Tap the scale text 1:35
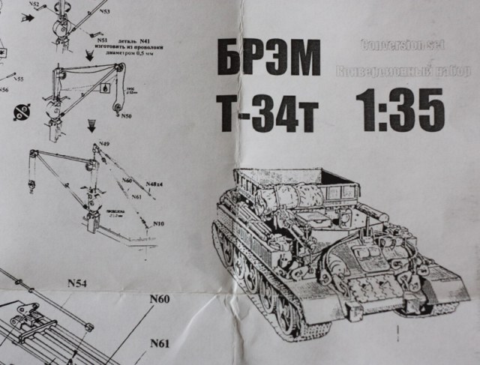[400, 109]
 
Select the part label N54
[77, 283]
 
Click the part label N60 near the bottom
[159, 299]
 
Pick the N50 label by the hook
[126, 116]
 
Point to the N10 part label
[158, 224]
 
